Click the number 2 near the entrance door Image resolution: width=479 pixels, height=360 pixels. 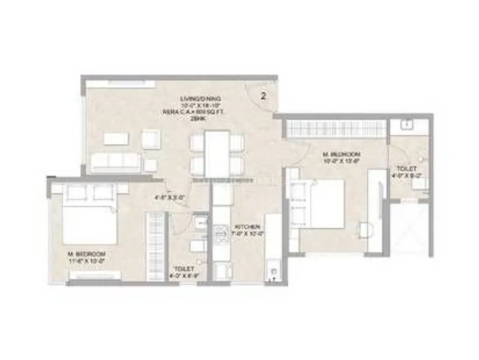263,97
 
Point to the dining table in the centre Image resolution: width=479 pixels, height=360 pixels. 217,151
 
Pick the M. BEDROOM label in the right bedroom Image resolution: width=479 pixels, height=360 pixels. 342,158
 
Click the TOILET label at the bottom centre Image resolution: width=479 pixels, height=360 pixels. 184,272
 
